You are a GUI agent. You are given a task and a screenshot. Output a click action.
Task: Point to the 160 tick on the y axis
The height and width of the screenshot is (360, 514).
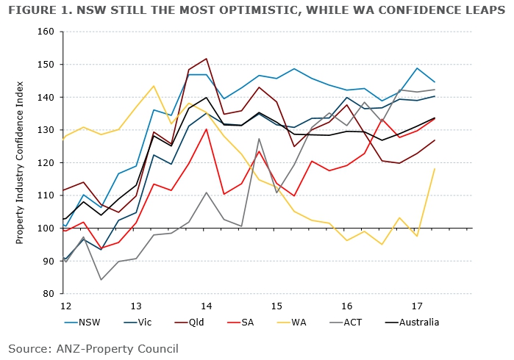(47, 32)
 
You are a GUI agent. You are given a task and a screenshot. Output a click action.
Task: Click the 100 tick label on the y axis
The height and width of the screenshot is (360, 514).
(47, 228)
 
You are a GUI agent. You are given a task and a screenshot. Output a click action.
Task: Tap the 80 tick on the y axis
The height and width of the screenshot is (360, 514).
(49, 294)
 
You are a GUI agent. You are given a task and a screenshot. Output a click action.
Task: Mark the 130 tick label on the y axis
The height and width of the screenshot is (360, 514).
(47, 130)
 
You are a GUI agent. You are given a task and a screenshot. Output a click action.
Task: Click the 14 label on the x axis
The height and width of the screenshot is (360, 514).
(207, 305)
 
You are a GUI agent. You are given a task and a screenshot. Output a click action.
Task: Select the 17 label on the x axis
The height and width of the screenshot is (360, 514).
(418, 305)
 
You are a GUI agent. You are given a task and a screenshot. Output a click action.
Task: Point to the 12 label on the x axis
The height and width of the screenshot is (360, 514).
(65, 305)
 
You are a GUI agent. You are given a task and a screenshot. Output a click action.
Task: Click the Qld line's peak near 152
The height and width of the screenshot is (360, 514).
(206, 59)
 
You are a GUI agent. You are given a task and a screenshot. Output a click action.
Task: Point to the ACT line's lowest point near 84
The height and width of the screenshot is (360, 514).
(101, 279)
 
